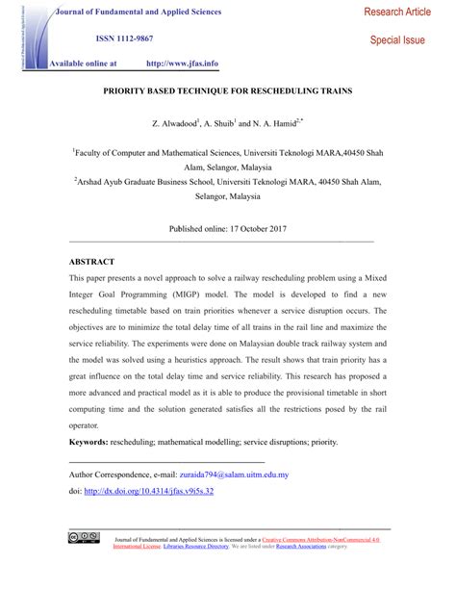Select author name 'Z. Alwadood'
tap(173, 125)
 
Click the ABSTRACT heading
tap(91, 262)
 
